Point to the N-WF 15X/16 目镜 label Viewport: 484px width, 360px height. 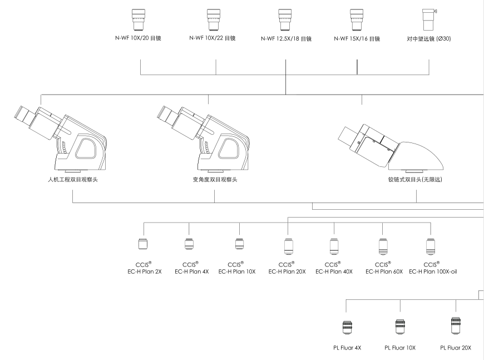(x=357, y=39)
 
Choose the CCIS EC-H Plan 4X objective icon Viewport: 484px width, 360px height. (x=189, y=245)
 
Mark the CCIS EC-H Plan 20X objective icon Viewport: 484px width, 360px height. (x=288, y=245)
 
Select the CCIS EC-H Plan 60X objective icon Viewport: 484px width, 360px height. (x=382, y=245)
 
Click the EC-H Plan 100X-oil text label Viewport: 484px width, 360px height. (x=429, y=271)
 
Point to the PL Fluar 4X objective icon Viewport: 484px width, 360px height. (x=348, y=328)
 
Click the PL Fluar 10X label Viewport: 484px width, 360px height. (x=399, y=348)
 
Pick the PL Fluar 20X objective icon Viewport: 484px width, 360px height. (x=456, y=327)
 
